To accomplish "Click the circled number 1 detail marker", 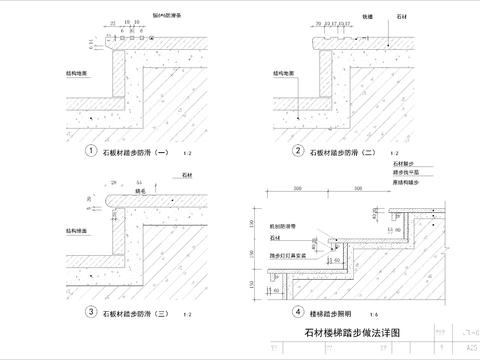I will coord(90,152).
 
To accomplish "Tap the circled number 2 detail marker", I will coord(297,152).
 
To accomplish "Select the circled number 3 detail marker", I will coord(90,312).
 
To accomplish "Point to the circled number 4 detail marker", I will coord(297,312).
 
